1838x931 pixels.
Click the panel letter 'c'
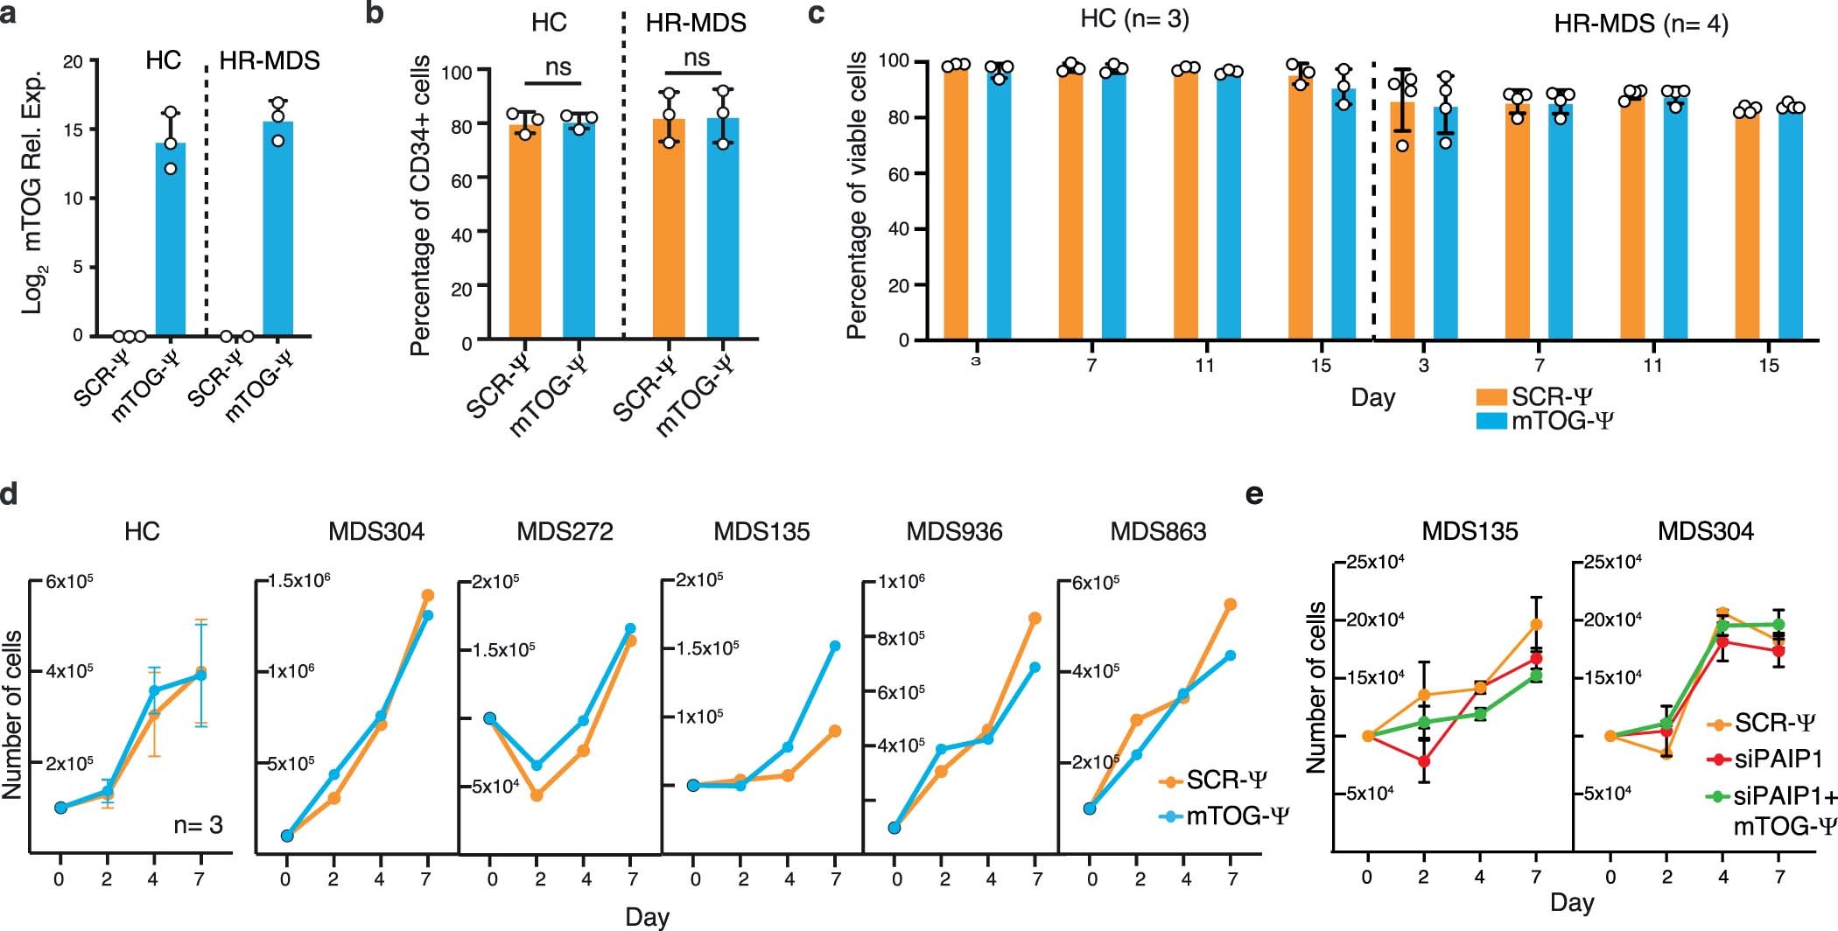[x=816, y=15]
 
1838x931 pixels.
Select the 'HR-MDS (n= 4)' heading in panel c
[x=1641, y=24]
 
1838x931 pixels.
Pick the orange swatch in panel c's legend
[x=1491, y=396]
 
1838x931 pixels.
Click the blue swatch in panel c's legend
[x=1491, y=421]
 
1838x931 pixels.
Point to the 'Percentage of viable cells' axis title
[x=857, y=195]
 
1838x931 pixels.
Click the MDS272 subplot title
[x=565, y=531]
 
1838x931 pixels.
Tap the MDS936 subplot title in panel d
[x=954, y=531]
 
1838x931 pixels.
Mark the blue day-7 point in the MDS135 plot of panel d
[x=835, y=646]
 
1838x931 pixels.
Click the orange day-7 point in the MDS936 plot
[x=1035, y=618]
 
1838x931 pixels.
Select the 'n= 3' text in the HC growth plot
[x=198, y=824]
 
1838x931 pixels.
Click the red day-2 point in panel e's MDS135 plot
[x=1424, y=761]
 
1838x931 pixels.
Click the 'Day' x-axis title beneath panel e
[x=1572, y=902]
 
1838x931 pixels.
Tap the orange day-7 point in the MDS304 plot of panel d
[x=428, y=595]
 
